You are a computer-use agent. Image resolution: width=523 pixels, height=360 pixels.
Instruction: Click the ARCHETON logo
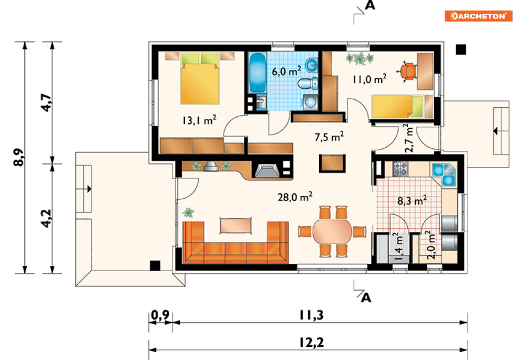coord(478,16)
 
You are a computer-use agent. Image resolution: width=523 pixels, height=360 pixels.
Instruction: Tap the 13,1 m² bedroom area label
coord(199,120)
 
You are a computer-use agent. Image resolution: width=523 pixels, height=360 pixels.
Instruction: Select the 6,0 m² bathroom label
coord(286,71)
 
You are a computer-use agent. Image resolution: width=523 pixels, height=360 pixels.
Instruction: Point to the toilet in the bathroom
coord(308,84)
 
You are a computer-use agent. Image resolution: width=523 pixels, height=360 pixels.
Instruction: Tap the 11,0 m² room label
coord(370,79)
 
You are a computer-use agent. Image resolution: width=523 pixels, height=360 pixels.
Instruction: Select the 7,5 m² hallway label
coord(329,137)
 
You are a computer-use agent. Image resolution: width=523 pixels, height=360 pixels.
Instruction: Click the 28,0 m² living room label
coord(295,197)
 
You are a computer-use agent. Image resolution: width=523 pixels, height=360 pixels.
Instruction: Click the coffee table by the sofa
coord(235,225)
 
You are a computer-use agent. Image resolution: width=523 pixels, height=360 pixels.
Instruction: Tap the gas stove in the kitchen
coord(400,169)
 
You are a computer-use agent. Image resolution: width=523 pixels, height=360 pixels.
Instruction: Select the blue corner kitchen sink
coord(443,174)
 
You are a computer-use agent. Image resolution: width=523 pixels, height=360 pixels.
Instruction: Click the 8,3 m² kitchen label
coord(412,201)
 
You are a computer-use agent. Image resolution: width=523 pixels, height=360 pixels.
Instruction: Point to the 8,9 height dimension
coord(19,157)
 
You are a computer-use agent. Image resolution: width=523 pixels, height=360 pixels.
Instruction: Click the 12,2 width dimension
coord(311,342)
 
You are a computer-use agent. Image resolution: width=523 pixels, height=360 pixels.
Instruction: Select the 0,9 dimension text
coord(160,315)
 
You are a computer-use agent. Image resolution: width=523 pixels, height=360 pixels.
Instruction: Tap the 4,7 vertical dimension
coord(46,102)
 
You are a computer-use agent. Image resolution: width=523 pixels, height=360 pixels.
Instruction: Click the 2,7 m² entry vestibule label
coord(408,138)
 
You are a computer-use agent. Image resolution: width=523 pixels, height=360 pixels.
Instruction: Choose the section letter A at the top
coord(370,5)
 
